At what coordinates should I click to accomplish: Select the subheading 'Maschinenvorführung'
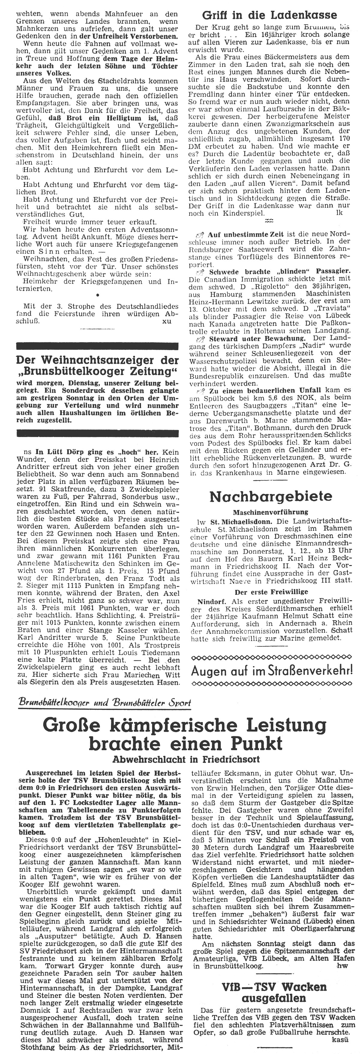pyautogui.click(x=270, y=512)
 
